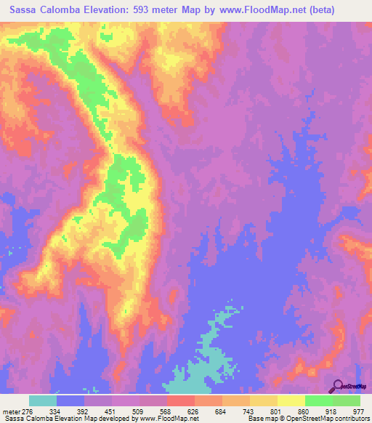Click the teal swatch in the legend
coord(43,400)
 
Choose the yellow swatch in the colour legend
coord(291,400)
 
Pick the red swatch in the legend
coord(181,400)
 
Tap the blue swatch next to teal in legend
coord(70,400)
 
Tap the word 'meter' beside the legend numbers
coord(12,411)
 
